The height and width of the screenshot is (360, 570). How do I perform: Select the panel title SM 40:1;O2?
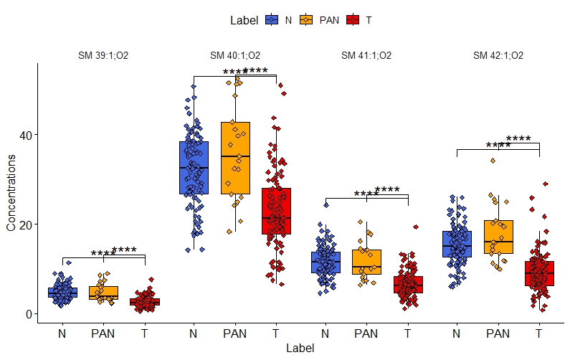(x=235, y=55)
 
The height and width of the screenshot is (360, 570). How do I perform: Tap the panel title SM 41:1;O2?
(x=366, y=55)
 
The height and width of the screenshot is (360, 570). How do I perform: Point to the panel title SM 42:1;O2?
(x=498, y=55)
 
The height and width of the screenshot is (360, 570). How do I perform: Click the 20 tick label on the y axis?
(x=24, y=224)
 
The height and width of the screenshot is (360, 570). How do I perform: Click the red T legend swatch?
(x=352, y=20)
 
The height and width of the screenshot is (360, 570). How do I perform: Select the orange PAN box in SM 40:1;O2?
(x=235, y=158)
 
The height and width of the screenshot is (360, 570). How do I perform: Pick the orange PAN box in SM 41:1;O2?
(x=366, y=262)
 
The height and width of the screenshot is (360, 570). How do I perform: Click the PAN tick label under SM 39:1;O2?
(x=103, y=333)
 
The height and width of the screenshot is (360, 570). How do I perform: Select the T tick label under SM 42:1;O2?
(x=539, y=333)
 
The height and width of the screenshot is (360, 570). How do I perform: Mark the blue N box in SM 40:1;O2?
(x=194, y=168)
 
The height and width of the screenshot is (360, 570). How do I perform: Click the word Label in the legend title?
(x=244, y=20)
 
